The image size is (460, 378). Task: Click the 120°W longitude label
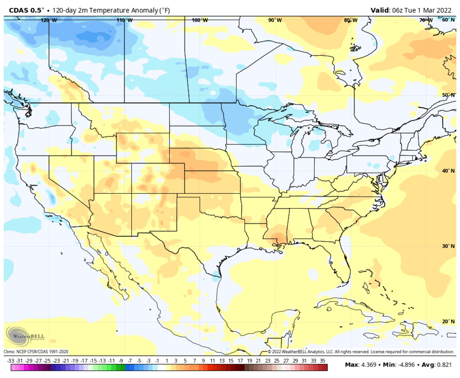tap(49, 20)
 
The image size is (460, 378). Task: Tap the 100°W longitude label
tap(200, 20)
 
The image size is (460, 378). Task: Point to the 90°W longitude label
tap(275, 20)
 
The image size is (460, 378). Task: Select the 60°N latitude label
tap(448, 20)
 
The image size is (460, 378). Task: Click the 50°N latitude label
tap(448, 95)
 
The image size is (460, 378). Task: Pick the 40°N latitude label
tap(448, 171)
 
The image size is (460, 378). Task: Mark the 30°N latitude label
tap(448, 246)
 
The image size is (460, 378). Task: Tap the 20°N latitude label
tap(448, 321)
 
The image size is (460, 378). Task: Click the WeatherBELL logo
tap(25, 336)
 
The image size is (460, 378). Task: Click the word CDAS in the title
tap(19, 10)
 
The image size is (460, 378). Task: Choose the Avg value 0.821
tap(443, 365)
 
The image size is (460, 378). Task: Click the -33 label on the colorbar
tap(11, 361)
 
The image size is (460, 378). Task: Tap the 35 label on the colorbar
tap(322, 361)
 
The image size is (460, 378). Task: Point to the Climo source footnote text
tap(36, 352)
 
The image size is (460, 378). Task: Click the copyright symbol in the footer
tap(269, 352)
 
